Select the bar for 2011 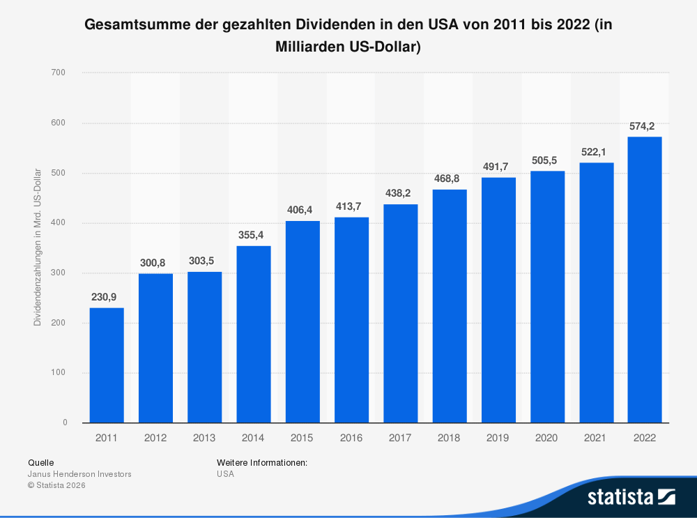coord(107,365)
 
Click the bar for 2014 coord(254,334)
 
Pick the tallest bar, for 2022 coord(645,280)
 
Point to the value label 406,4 coord(302,210)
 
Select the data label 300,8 coord(155,263)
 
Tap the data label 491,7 coord(498,167)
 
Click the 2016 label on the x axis coord(351,439)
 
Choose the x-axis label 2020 coord(547,439)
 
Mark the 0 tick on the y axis coord(65,422)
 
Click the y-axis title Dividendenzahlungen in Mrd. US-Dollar coord(38,247)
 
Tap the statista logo coord(631,497)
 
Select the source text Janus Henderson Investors coord(79,474)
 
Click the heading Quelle coord(40,462)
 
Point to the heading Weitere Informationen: coord(262,462)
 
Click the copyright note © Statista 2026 coord(56,485)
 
